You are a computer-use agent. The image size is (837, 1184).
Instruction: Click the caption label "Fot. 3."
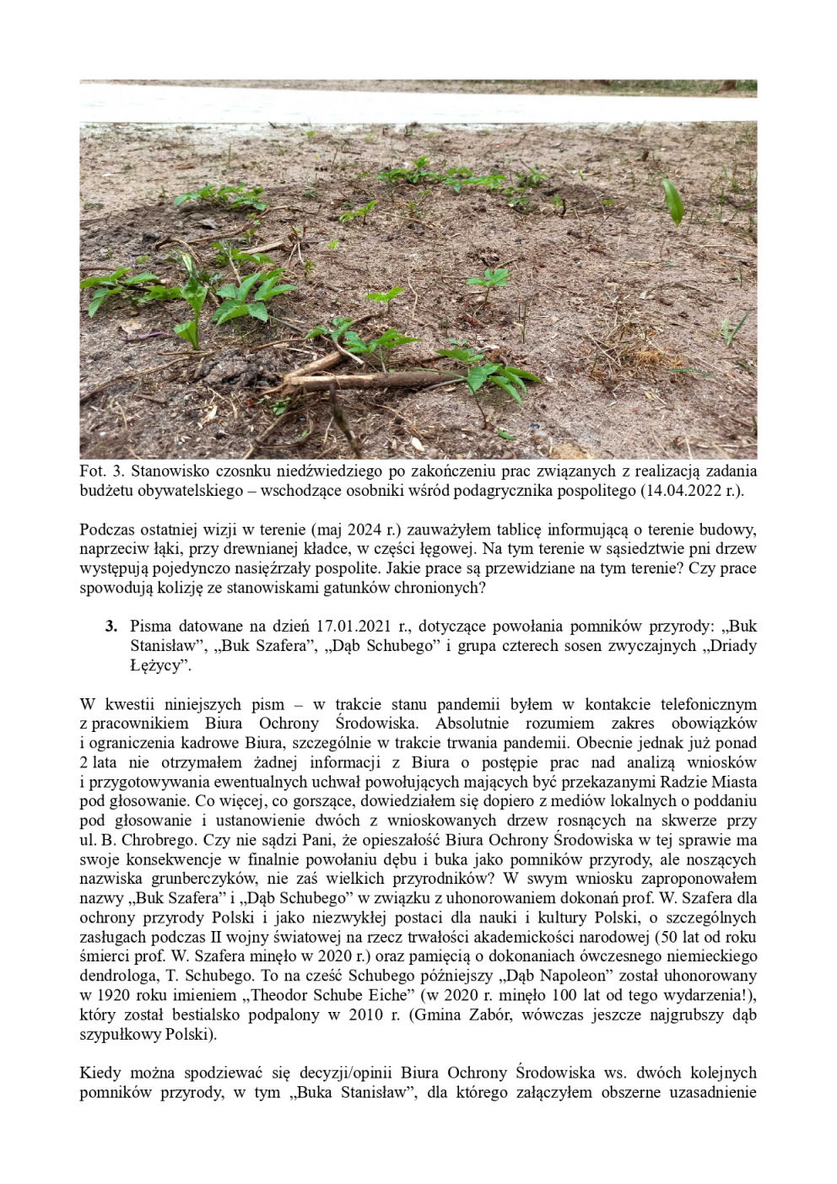pyautogui.click(x=102, y=471)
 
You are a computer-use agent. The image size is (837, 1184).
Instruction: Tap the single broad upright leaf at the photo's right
pyautogui.click(x=672, y=202)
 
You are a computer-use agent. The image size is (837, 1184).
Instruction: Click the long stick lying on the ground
pyautogui.click(x=371, y=379)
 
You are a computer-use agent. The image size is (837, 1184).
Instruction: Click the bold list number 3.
pyautogui.click(x=111, y=627)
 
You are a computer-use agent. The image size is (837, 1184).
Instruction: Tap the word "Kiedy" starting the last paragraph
pyautogui.click(x=100, y=1073)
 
